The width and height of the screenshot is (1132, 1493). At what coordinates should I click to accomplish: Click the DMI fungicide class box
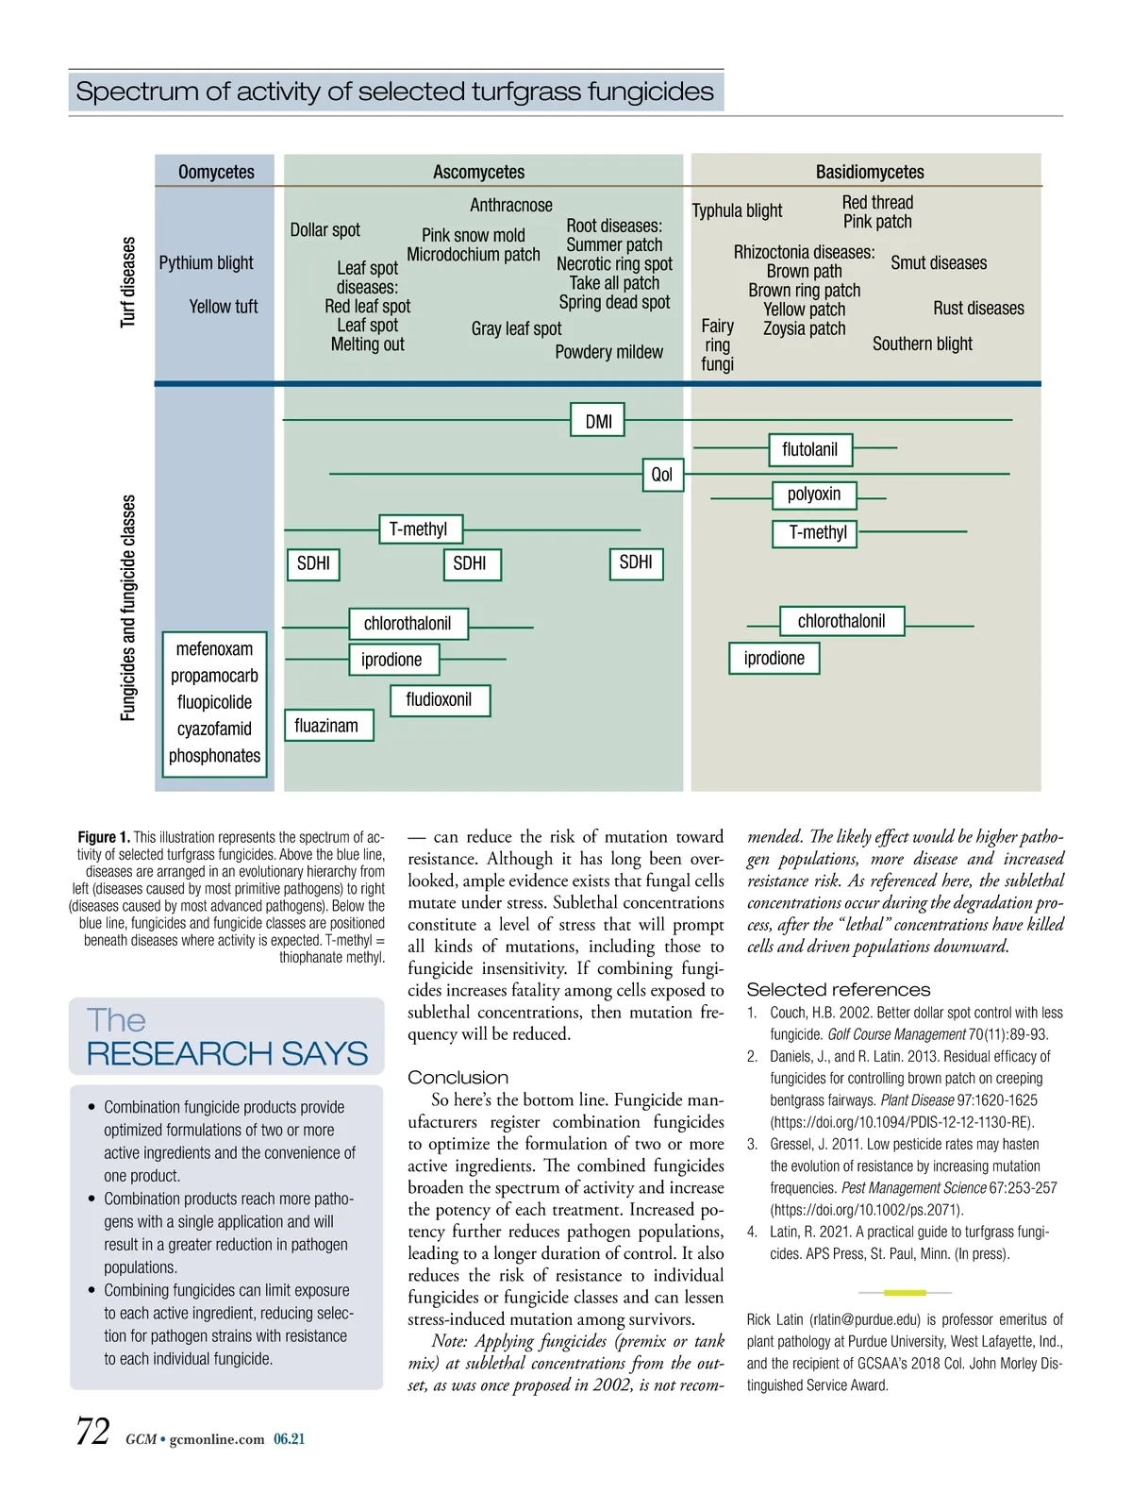click(x=598, y=421)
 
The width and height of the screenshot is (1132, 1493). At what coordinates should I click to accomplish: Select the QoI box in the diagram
click(x=662, y=474)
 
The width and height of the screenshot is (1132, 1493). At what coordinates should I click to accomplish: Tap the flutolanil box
click(x=809, y=449)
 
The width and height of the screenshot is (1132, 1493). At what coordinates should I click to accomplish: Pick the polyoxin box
click(x=813, y=494)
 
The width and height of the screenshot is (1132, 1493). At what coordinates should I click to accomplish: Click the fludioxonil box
click(x=439, y=699)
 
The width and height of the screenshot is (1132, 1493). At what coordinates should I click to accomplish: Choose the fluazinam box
click(x=326, y=725)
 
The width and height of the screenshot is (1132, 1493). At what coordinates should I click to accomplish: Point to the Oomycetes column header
click(x=216, y=172)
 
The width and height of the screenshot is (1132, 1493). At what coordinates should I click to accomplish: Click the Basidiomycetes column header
click(x=869, y=172)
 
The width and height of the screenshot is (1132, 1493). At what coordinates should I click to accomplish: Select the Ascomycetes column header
click(x=478, y=172)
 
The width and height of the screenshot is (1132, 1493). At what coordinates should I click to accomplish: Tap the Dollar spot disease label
click(x=325, y=229)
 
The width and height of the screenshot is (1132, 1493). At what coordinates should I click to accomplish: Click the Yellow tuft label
click(x=223, y=306)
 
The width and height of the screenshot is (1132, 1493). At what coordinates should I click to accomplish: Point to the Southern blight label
click(x=922, y=344)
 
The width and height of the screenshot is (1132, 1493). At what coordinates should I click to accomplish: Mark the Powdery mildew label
click(x=608, y=352)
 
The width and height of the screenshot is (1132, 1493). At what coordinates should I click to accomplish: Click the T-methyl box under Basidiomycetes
click(x=818, y=532)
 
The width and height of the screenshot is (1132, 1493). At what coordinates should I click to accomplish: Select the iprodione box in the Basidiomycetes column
click(x=774, y=658)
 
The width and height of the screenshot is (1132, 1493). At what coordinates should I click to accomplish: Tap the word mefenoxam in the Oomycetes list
click(x=214, y=648)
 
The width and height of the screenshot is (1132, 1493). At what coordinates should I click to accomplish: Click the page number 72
click(x=92, y=1432)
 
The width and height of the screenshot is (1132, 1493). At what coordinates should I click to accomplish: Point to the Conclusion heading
click(x=458, y=1077)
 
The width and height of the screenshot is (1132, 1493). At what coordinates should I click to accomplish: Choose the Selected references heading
click(x=838, y=989)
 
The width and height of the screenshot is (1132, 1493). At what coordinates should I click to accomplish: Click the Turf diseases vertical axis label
click(x=128, y=282)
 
